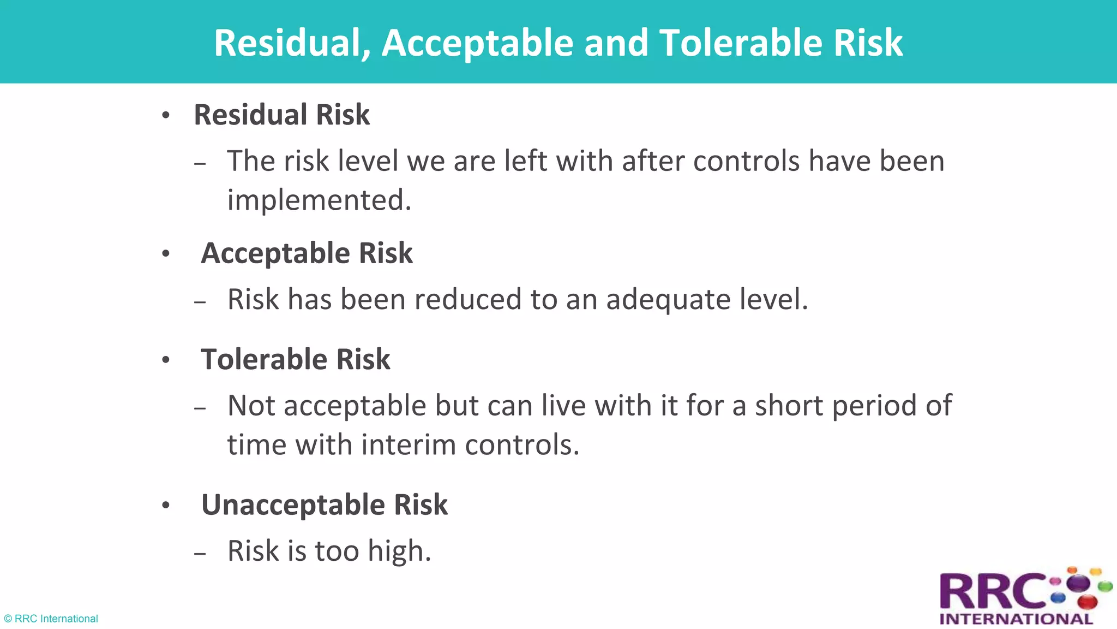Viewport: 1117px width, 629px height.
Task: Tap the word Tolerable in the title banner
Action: point(741,43)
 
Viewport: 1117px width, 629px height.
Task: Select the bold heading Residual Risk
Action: point(281,115)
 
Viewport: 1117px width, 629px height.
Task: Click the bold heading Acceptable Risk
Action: point(307,253)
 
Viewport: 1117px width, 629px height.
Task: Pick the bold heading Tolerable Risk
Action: point(295,359)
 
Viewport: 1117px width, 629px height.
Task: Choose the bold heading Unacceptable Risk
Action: point(324,505)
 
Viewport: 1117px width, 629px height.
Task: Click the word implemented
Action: point(319,200)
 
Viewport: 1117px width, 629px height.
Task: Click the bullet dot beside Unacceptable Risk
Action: point(166,506)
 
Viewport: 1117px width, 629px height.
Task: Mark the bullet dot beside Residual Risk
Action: point(166,116)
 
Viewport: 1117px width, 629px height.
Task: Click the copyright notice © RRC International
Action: point(51,619)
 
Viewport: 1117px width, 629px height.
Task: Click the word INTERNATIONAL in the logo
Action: point(1016,619)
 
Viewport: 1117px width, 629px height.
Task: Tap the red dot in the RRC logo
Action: point(1087,602)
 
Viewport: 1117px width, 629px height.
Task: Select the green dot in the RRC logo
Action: point(1105,588)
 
